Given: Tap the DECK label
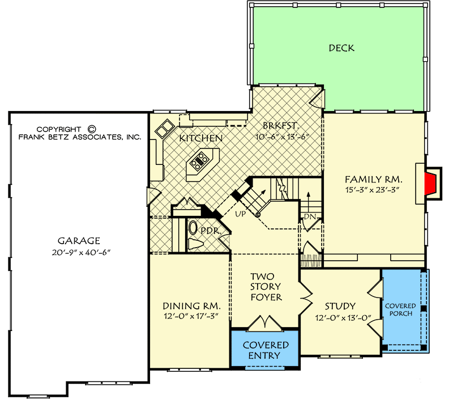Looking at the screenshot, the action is (x=341, y=48).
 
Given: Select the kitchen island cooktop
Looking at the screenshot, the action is (x=199, y=161).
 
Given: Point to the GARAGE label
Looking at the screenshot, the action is (x=79, y=240).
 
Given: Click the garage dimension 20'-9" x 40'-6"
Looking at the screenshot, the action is (x=81, y=252).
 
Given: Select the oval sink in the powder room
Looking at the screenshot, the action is (x=193, y=228).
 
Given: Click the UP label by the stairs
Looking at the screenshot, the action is (x=240, y=214).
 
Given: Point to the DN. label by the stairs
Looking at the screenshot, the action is (x=310, y=217).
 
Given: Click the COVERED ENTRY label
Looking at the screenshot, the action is (x=265, y=350).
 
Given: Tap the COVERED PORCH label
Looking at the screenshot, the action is (x=400, y=309).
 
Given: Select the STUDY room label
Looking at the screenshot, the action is (x=340, y=306).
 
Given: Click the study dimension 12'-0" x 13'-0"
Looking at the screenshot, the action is (x=343, y=319).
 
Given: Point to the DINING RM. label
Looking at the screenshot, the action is (x=191, y=306).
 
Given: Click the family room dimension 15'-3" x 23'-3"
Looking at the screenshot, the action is (x=372, y=190).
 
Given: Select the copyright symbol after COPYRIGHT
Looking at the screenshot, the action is (x=91, y=129).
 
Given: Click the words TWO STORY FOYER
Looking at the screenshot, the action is (x=266, y=287).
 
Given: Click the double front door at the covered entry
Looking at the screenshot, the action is (x=265, y=322).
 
